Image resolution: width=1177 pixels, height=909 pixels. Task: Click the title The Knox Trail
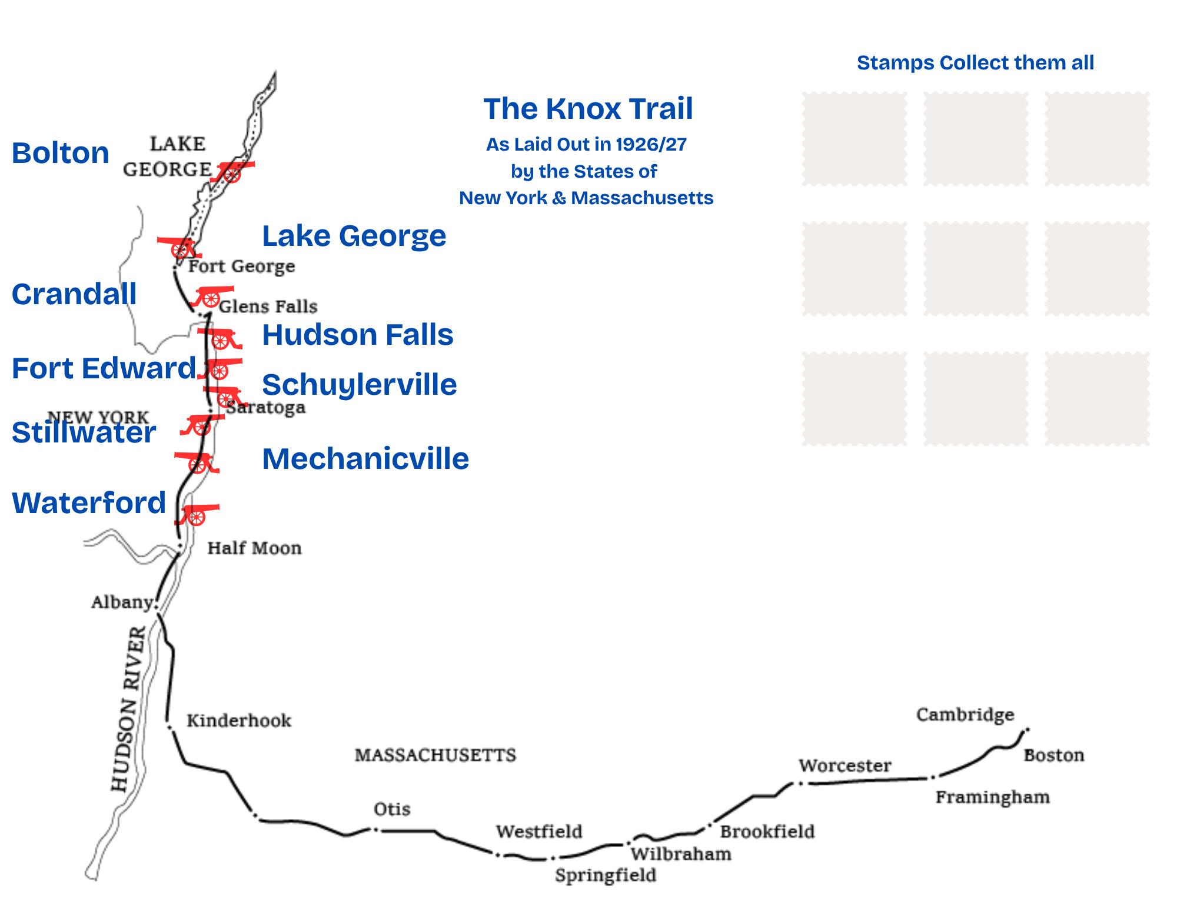pos(588,109)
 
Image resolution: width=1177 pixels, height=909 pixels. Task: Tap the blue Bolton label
pos(61,153)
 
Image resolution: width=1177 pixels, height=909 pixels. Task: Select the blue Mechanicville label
pos(365,458)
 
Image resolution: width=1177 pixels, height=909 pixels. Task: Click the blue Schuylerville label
pos(359,385)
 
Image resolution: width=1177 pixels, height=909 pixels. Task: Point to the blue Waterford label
pos(89,503)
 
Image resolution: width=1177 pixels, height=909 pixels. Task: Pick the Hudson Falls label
pos(357,335)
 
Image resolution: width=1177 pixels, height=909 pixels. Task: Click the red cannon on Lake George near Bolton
pos(232,171)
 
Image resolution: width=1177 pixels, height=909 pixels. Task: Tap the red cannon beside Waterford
pos(197,514)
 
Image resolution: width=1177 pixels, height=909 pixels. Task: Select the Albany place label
pos(121,602)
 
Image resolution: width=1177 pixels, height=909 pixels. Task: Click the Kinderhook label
pos(238,721)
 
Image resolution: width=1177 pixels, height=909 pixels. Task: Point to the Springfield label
pos(605,875)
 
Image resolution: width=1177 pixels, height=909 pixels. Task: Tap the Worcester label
pos(844,765)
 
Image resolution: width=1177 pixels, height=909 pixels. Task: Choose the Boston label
pos(1053,755)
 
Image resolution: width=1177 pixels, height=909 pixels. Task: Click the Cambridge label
pos(965,714)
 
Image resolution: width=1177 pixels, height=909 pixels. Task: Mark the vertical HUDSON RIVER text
pos(129,709)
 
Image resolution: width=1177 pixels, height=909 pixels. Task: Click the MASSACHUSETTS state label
pos(435,755)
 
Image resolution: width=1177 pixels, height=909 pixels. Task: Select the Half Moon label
pos(254,548)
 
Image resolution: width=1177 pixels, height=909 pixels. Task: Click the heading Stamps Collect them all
pos(975,62)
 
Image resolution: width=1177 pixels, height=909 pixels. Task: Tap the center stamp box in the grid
pos(976,269)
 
